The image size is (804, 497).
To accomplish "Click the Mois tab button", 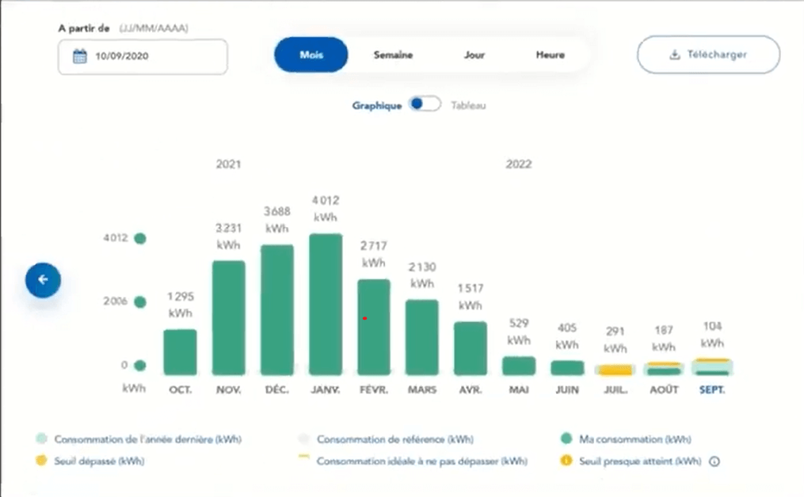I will (x=311, y=55).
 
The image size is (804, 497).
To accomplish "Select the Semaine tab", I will (x=393, y=55).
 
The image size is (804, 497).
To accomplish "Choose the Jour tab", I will (x=474, y=55).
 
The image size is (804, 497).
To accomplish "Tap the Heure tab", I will (x=550, y=55).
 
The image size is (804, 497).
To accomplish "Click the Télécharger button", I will (x=708, y=55).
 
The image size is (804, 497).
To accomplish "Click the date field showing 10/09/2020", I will (x=143, y=56).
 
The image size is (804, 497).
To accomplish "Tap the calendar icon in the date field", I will (x=79, y=56).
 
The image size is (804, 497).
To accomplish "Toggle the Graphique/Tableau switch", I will (x=425, y=105).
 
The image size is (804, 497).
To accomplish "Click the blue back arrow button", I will (x=43, y=279).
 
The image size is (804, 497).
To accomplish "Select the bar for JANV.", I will (x=326, y=305).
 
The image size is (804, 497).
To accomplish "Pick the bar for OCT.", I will (x=180, y=352).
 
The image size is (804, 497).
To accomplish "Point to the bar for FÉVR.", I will (x=374, y=327).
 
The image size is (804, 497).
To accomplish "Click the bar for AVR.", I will (x=471, y=348).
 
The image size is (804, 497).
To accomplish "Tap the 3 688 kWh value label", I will (x=277, y=221).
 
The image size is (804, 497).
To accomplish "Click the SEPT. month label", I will (x=711, y=390).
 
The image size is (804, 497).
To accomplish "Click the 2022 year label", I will (x=519, y=165).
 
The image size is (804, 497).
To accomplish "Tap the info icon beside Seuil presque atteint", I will (x=714, y=461).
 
